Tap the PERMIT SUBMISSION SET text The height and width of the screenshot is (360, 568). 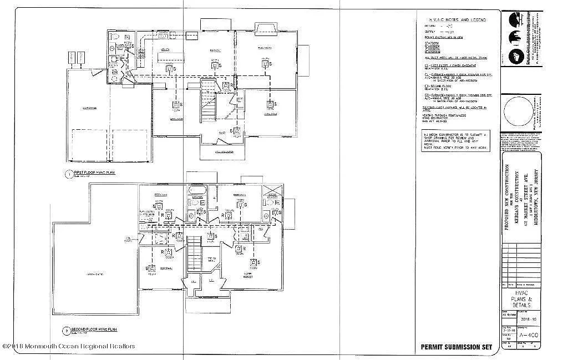tap(455, 347)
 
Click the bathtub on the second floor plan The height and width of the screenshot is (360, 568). tap(197, 192)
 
